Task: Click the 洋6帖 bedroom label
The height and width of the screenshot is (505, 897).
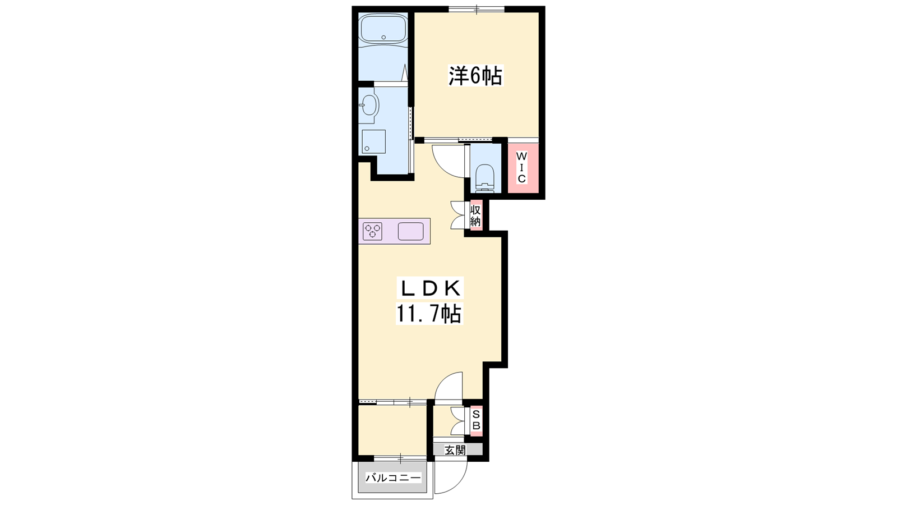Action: [475, 75]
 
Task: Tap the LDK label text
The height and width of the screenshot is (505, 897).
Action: [430, 288]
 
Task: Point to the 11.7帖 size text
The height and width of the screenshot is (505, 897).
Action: [429, 314]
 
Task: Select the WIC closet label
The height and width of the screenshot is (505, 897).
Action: [521, 167]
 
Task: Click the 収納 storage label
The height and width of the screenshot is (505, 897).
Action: [475, 215]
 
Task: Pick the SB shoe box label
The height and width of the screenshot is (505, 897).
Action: [476, 420]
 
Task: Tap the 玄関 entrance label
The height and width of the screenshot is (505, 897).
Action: [455, 450]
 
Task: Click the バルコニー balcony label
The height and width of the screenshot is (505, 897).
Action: [393, 478]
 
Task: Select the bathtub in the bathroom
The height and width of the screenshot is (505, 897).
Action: [383, 29]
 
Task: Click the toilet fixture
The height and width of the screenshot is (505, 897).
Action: [485, 177]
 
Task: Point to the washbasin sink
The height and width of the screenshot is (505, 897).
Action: [369, 106]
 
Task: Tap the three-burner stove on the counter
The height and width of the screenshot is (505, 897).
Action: [372, 231]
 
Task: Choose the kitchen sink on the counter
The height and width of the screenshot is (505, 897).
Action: [411, 231]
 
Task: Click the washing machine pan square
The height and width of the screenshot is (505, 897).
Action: [373, 141]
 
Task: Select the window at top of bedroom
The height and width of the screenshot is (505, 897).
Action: [477, 9]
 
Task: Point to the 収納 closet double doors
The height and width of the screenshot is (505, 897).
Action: [459, 215]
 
